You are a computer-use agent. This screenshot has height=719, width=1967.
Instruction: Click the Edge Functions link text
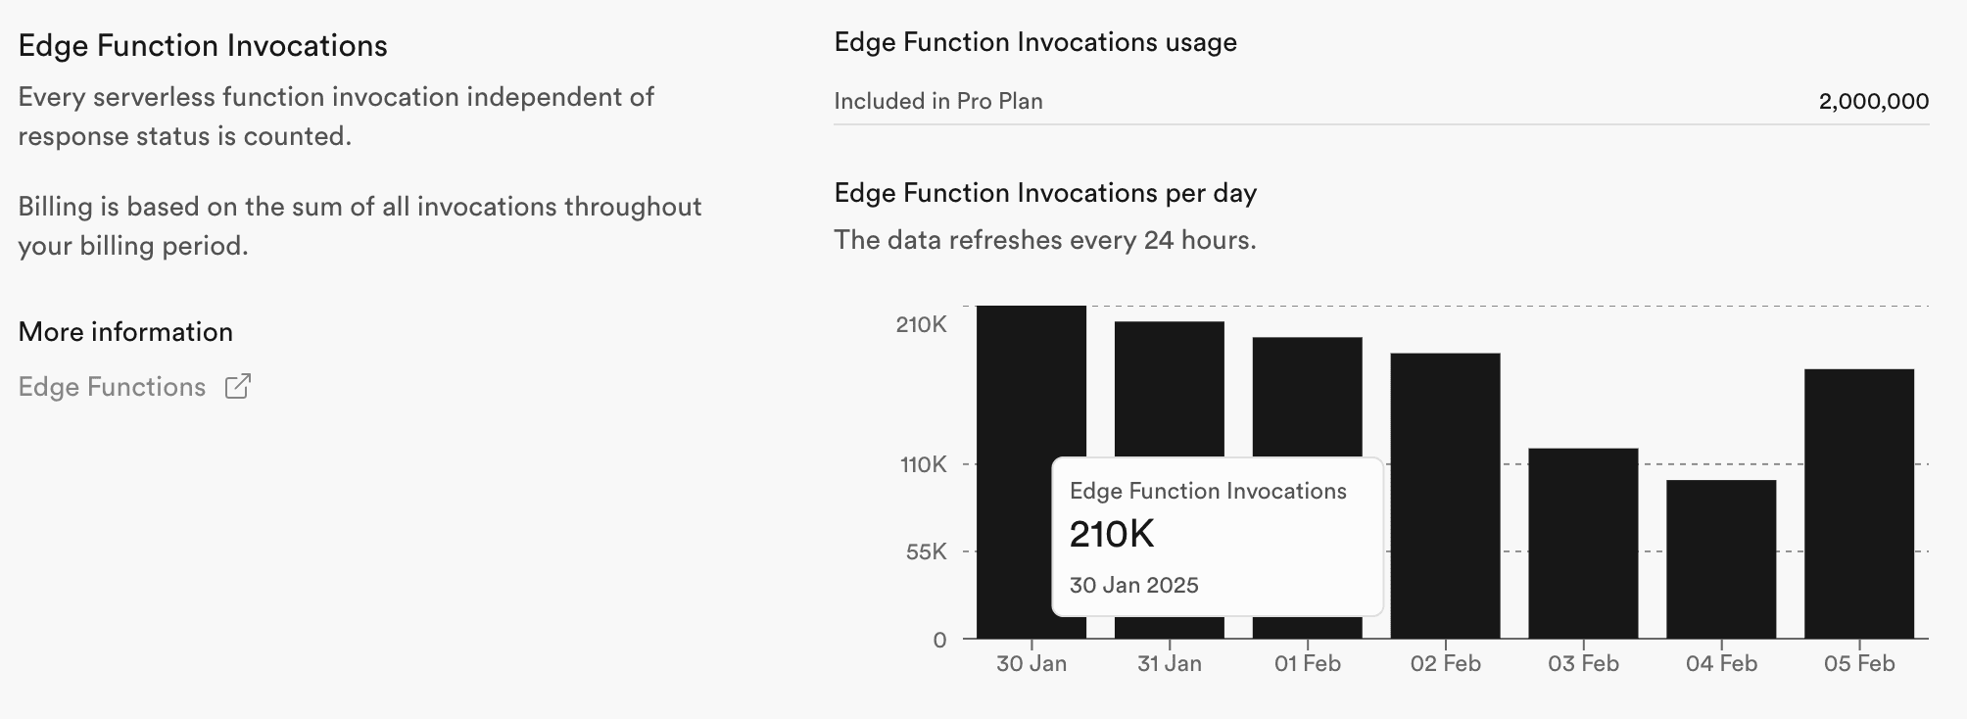tap(112, 387)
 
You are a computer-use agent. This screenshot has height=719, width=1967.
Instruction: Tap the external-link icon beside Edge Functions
tap(238, 386)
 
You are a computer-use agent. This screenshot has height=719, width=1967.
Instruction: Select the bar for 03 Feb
tap(1583, 544)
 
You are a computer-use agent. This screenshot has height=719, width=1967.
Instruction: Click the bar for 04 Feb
tap(1721, 559)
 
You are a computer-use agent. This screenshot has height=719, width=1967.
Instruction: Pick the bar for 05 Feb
tap(1858, 503)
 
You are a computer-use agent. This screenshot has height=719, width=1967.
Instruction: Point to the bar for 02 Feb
tap(1445, 496)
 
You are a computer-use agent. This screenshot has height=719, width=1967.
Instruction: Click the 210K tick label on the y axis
tap(921, 324)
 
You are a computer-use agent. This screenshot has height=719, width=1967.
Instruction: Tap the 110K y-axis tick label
tap(924, 464)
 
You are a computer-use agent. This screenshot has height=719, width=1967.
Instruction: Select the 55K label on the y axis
tap(926, 551)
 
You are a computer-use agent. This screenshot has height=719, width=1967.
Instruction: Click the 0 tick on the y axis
tap(939, 640)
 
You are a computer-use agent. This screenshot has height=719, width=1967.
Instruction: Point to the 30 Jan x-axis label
tap(1031, 663)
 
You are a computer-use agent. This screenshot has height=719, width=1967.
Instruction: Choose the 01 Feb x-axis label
tap(1307, 663)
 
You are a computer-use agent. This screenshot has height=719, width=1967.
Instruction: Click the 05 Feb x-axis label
tap(1858, 663)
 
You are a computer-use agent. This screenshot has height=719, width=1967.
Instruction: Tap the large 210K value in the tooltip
tap(1112, 534)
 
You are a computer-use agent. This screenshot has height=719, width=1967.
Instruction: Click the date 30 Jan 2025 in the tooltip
tap(1133, 585)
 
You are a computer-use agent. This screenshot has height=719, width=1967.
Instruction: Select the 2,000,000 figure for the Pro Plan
tap(1873, 101)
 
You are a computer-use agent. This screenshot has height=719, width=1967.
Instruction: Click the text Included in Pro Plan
tap(937, 101)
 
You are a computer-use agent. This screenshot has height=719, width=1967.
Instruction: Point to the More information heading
tap(125, 332)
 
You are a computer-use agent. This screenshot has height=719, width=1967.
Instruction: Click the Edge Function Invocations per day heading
tap(1045, 193)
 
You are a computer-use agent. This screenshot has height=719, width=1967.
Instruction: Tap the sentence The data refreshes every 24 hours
tap(1044, 240)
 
